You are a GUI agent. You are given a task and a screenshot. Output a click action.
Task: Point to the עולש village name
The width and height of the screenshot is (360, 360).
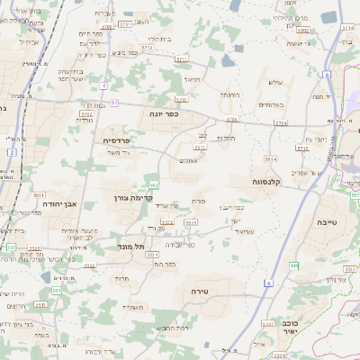pyautogui.click(x=275, y=82)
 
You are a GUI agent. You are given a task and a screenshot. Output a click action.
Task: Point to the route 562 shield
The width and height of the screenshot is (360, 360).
pyautogui.click(x=155, y=185)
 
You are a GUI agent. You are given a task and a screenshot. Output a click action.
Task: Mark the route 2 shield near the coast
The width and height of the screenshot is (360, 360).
pyautogui.click(x=11, y=152)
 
